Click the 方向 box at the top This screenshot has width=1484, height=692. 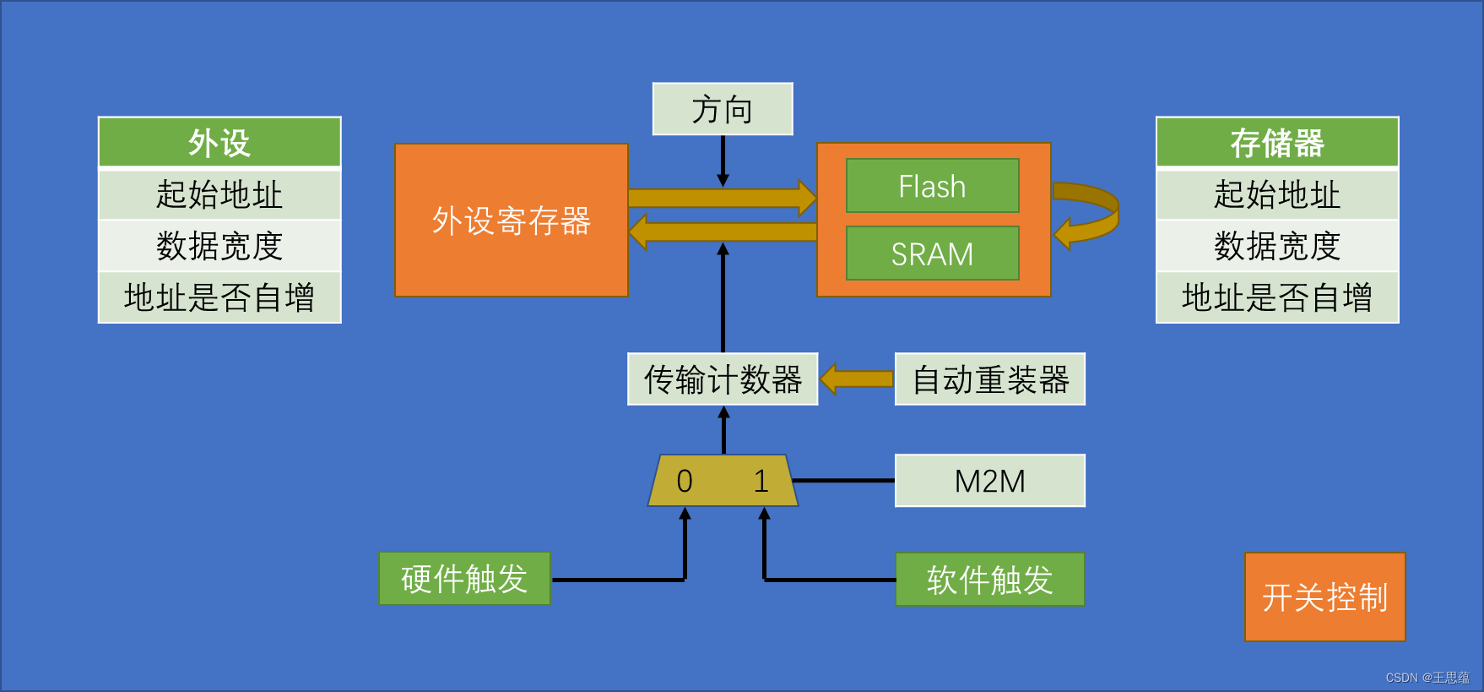(x=723, y=109)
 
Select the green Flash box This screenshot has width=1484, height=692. (x=932, y=186)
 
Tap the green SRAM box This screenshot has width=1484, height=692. (x=932, y=253)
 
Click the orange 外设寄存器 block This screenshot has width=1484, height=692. (x=512, y=221)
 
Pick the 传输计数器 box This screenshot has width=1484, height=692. (x=723, y=379)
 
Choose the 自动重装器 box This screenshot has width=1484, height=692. (x=989, y=379)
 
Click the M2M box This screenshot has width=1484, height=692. (x=989, y=481)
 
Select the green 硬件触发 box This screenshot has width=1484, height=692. (x=464, y=579)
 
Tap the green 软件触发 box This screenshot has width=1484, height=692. (x=989, y=580)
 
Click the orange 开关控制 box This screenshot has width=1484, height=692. (x=1324, y=597)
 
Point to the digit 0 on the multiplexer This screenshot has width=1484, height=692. (x=685, y=482)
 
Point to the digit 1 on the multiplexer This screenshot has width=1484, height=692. (x=761, y=482)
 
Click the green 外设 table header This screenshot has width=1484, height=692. (x=219, y=143)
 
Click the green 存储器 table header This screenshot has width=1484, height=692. (x=1277, y=143)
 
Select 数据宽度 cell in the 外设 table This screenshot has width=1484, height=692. (x=219, y=246)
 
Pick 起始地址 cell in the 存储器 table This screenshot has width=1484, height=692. (x=1277, y=194)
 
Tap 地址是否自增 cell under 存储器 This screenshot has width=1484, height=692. (x=1277, y=297)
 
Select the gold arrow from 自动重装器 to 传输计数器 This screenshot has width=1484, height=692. (x=856, y=379)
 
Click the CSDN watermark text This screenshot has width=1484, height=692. (x=1427, y=678)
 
